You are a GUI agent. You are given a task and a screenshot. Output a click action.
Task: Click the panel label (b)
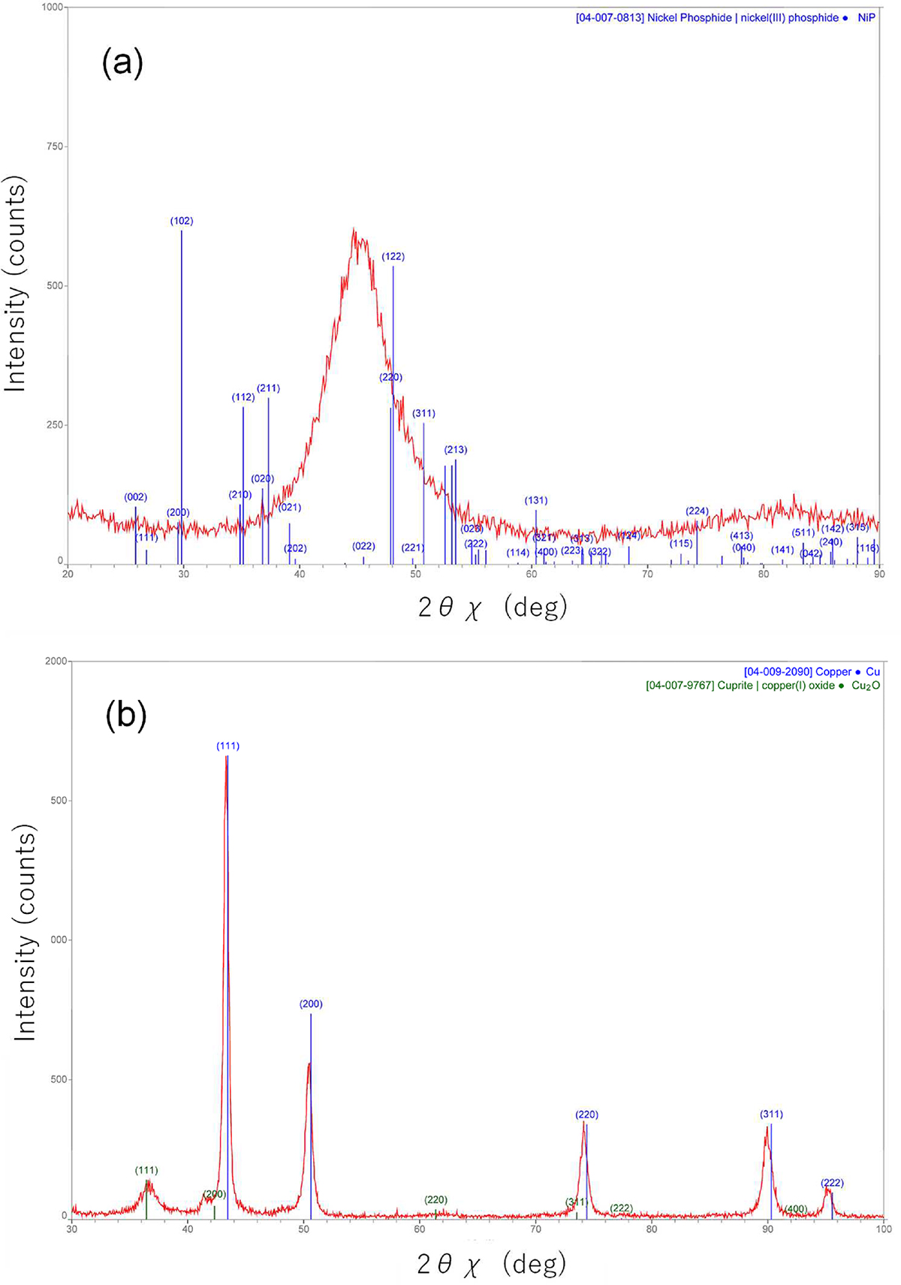(x=126, y=716)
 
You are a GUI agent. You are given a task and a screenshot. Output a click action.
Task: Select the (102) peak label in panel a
(x=182, y=221)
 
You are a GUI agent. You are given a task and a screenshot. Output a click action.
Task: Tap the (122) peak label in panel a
(x=393, y=256)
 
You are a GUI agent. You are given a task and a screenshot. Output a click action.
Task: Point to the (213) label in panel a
(x=456, y=450)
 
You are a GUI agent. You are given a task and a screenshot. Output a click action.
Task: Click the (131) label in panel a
(x=536, y=500)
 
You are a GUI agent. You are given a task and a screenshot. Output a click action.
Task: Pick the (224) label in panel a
(x=698, y=511)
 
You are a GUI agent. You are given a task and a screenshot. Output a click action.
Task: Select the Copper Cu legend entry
(x=811, y=671)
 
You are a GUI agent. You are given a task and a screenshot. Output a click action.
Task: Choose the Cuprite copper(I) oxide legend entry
(x=761, y=685)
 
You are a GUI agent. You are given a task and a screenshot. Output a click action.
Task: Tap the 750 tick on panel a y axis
(x=55, y=146)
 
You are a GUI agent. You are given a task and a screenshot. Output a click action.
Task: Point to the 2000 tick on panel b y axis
(x=55, y=661)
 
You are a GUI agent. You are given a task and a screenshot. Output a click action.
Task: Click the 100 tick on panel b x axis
(x=884, y=1229)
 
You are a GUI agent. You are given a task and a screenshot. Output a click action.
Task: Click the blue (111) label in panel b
(x=228, y=746)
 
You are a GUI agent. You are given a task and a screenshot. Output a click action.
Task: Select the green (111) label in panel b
(x=146, y=1170)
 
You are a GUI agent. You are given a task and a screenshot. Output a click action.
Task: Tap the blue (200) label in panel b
(x=311, y=1003)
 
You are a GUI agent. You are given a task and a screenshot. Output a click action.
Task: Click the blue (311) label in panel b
(x=771, y=1114)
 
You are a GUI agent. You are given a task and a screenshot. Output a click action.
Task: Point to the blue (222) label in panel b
(x=831, y=1183)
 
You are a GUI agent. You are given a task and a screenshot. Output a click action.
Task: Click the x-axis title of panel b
(x=492, y=1264)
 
